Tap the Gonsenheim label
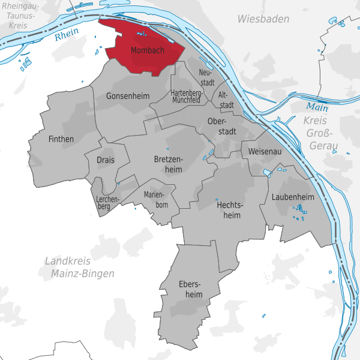tap(127, 96)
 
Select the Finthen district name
tap(61, 139)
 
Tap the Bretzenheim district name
tap(174, 164)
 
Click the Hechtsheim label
tap(229, 209)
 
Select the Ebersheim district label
tap(190, 289)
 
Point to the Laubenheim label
tap(292, 197)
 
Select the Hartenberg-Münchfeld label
tap(185, 97)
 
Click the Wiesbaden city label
tap(263, 19)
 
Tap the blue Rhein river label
tap(67, 36)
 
